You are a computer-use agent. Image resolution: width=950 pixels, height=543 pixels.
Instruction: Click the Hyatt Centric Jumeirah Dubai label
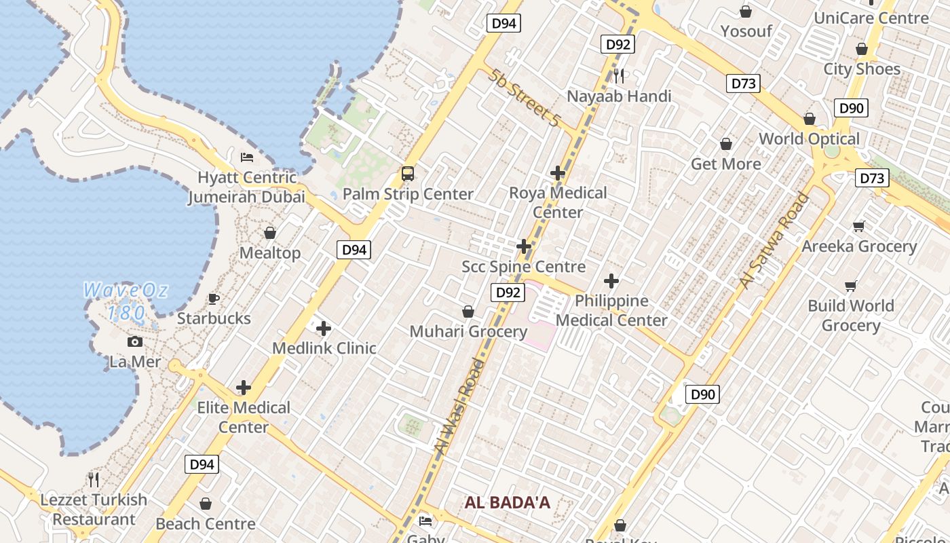click(247, 187)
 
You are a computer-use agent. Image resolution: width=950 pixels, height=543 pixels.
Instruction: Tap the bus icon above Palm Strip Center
click(408, 173)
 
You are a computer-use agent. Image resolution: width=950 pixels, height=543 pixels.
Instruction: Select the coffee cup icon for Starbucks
click(214, 299)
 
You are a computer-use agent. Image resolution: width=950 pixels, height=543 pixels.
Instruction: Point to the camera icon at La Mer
click(135, 342)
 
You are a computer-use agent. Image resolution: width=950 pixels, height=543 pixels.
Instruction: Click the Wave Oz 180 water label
click(126, 301)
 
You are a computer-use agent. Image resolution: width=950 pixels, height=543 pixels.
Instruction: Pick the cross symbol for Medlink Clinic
click(324, 329)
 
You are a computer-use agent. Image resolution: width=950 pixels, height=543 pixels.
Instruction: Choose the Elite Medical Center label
click(244, 417)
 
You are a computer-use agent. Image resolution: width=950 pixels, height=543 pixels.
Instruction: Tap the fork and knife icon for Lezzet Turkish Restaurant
click(94, 480)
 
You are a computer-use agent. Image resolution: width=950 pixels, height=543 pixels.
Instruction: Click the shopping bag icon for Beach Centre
click(206, 504)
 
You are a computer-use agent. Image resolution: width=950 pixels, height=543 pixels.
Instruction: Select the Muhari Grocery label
click(468, 331)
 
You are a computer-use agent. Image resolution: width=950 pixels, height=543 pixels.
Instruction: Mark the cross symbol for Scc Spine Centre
click(524, 246)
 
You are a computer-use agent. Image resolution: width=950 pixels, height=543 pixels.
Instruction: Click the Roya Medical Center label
click(558, 202)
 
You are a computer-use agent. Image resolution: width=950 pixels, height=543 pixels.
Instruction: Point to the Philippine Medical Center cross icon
click(611, 281)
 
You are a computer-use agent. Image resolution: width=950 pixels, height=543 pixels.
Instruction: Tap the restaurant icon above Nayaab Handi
click(619, 75)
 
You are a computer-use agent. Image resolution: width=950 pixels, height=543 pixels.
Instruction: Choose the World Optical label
click(809, 138)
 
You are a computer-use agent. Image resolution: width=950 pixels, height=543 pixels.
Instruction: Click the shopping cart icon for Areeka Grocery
click(859, 227)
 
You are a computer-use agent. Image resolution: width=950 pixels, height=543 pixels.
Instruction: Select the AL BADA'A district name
click(508, 503)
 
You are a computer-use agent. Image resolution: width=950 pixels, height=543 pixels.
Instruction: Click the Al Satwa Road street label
click(775, 241)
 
